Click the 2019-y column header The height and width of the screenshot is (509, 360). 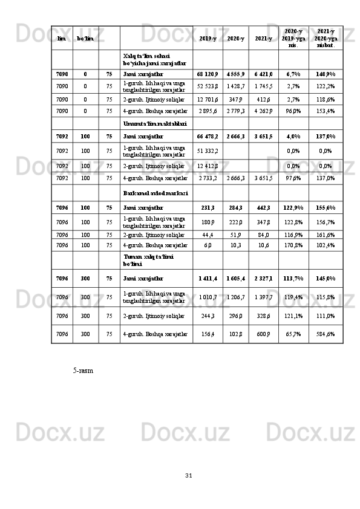(x=208, y=39)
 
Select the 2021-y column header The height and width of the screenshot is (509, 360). (x=263, y=39)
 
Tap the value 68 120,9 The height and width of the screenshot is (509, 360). (x=208, y=74)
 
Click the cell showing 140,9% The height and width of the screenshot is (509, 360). (x=326, y=74)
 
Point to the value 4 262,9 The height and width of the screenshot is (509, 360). (x=263, y=111)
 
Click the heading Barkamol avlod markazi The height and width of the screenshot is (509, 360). (x=155, y=193)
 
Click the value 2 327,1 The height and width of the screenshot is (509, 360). (x=263, y=279)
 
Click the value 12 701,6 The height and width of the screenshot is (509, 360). (x=208, y=99)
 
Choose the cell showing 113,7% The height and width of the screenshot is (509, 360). (x=293, y=279)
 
